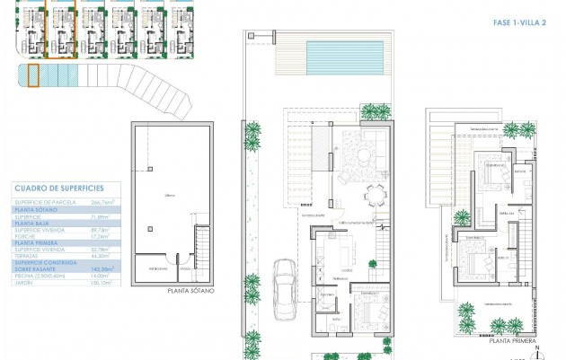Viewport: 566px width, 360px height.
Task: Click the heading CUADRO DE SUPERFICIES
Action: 58,188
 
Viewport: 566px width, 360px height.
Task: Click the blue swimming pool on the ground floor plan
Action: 344,58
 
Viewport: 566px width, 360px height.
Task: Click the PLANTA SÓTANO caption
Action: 191,291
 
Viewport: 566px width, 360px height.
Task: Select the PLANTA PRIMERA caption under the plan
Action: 512,341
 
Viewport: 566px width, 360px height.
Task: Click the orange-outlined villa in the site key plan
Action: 60,33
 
